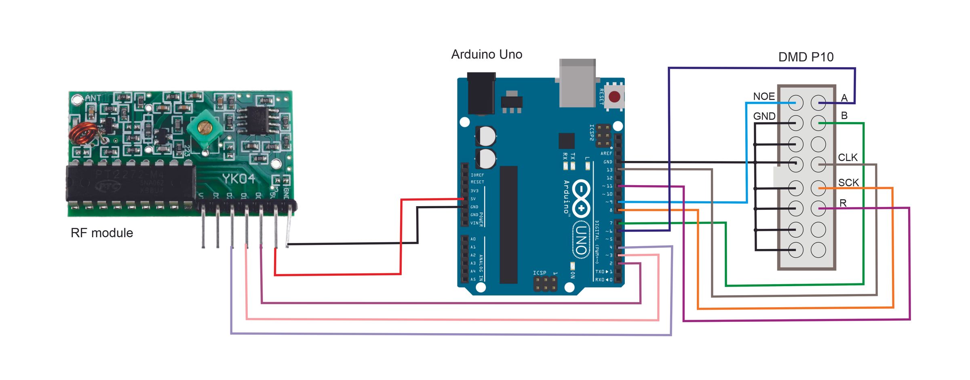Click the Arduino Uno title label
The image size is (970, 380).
[x=487, y=55]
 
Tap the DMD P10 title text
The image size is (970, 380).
[x=806, y=57]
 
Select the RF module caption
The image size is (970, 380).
[x=102, y=233]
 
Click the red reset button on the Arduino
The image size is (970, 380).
[x=614, y=97]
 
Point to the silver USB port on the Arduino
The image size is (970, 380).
[x=577, y=83]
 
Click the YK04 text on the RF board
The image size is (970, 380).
[x=238, y=179]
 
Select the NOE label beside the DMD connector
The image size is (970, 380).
[x=764, y=97]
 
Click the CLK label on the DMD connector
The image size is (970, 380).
[x=848, y=158]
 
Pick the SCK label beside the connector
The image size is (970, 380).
[x=848, y=183]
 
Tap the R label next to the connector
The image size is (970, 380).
[x=843, y=203]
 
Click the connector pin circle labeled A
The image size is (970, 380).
[x=818, y=103]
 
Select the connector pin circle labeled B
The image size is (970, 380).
[x=818, y=123]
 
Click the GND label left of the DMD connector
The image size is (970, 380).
[x=764, y=116]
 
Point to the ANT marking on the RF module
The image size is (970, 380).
[x=93, y=98]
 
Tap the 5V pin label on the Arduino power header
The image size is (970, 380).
[x=473, y=199]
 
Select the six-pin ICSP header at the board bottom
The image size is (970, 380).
[x=545, y=284]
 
